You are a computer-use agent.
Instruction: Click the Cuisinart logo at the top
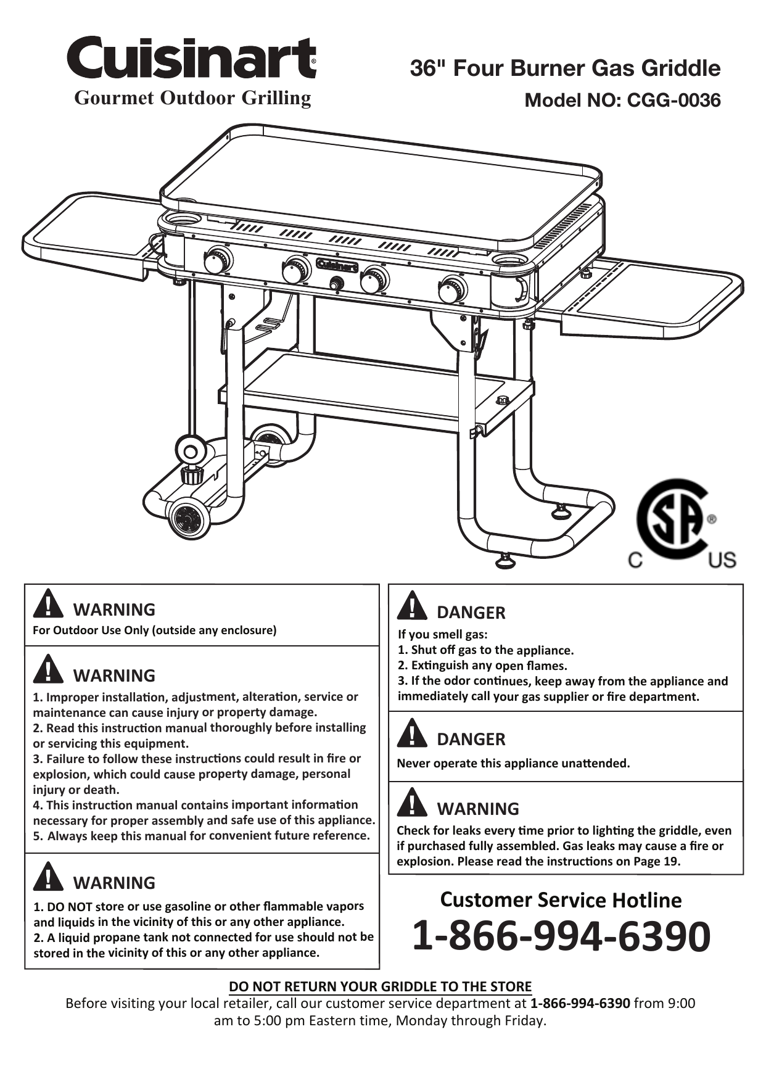tap(192, 57)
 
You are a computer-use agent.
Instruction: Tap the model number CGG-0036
tap(673, 100)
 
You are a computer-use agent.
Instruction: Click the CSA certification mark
tap(677, 523)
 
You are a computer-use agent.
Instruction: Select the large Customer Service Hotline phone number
tap(561, 935)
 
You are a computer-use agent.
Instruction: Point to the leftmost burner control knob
tap(217, 260)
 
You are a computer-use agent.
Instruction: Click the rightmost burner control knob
tap(453, 289)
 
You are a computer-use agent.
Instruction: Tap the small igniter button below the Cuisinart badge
tap(337, 284)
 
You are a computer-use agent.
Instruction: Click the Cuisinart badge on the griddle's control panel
tap(337, 266)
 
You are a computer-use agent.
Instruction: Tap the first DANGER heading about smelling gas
tap(471, 613)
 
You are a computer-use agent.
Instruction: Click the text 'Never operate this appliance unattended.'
tap(513, 763)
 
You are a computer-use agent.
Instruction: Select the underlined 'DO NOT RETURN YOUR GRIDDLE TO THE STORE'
tap(380, 986)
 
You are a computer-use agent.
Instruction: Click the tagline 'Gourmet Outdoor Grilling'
tap(192, 97)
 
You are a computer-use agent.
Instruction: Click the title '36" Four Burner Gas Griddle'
tap(565, 68)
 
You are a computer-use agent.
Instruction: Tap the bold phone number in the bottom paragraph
tap(580, 1003)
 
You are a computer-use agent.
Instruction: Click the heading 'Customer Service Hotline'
tap(561, 900)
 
